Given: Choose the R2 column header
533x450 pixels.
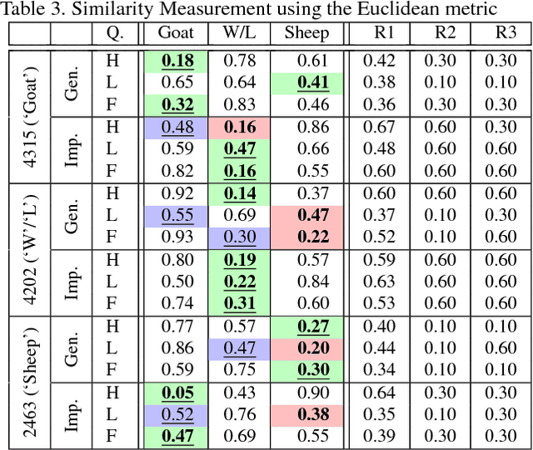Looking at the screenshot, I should (446, 34).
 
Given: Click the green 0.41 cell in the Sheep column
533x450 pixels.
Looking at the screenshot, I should (307, 82).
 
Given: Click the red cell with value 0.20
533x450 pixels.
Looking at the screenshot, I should (307, 347).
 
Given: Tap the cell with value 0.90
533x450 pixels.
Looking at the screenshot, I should (307, 392).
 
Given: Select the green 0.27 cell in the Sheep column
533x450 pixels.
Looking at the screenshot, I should (307, 326).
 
